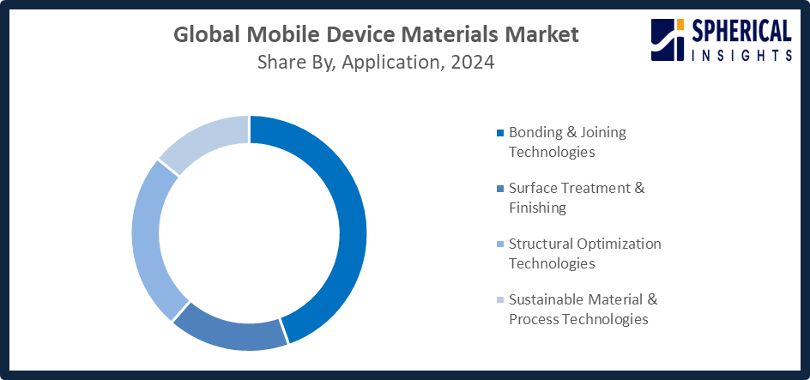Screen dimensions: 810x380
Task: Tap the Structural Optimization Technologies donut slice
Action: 146,238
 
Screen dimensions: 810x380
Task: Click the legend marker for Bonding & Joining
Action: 499,133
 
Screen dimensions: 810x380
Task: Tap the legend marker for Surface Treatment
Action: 499,189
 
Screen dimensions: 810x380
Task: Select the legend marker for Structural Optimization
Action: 499,244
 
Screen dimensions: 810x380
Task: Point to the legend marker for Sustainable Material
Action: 499,300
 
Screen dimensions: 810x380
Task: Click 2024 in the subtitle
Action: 472,63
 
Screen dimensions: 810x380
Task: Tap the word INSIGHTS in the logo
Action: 740,55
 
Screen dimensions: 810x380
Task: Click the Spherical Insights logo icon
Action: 668,40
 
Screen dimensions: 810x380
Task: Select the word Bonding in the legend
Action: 532,133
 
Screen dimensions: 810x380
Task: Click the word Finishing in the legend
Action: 537,208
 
